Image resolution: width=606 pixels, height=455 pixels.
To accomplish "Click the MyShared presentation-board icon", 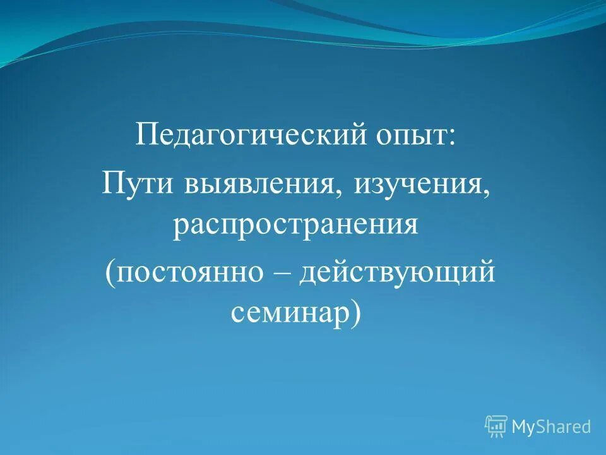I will click(496, 427).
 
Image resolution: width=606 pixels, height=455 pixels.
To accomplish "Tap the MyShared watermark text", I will click(551, 427).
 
